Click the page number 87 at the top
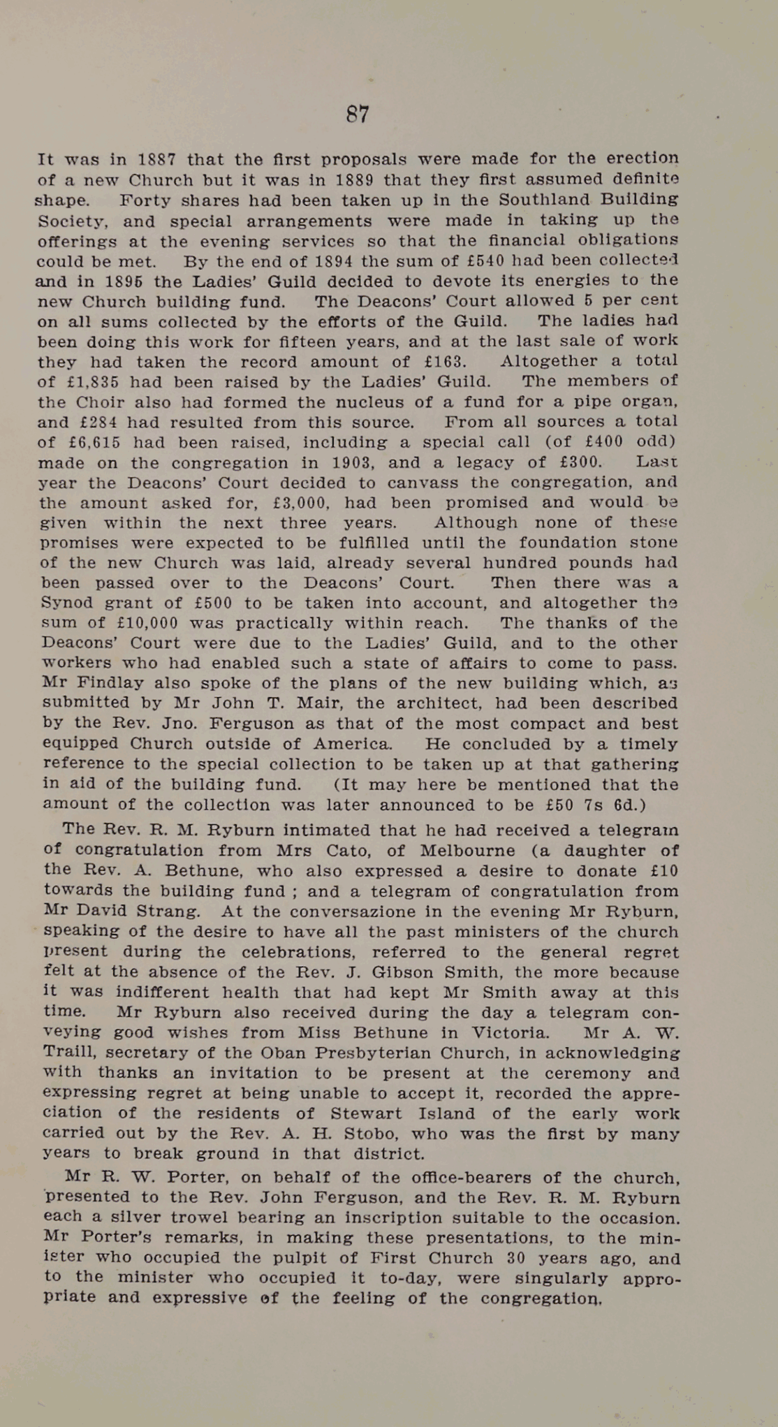[358, 114]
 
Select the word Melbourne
[466, 851]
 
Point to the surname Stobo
[389, 1134]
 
